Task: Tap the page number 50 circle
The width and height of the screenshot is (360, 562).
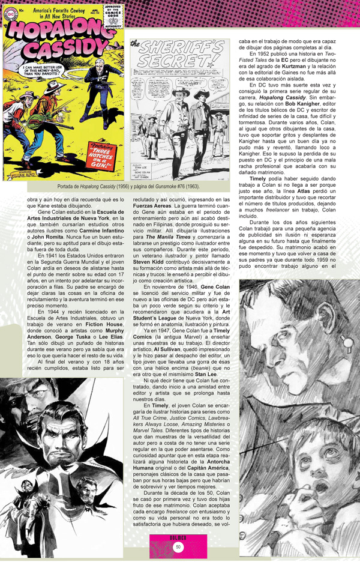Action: coord(179,546)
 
